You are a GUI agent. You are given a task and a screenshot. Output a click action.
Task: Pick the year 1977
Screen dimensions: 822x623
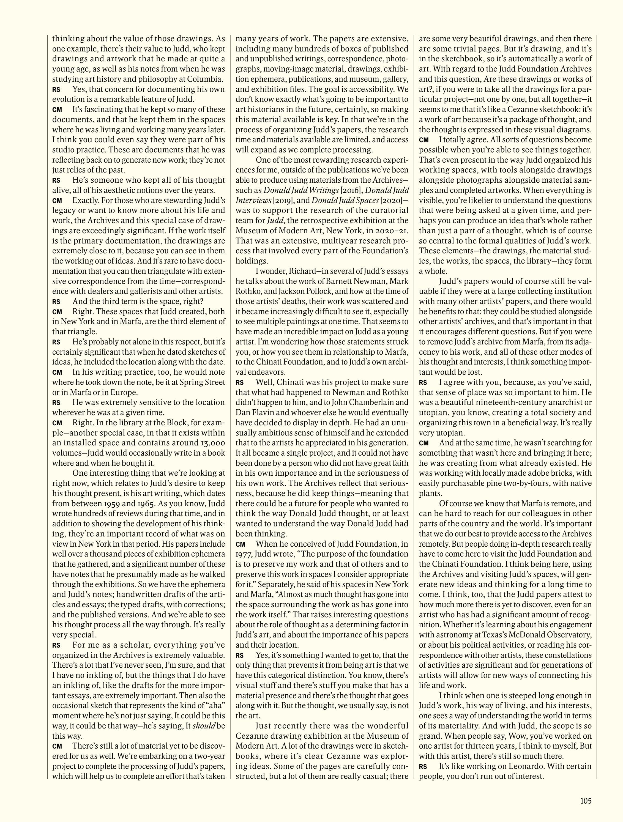(244, 554)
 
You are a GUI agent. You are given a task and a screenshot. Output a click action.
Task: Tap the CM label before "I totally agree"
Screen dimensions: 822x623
(423, 140)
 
